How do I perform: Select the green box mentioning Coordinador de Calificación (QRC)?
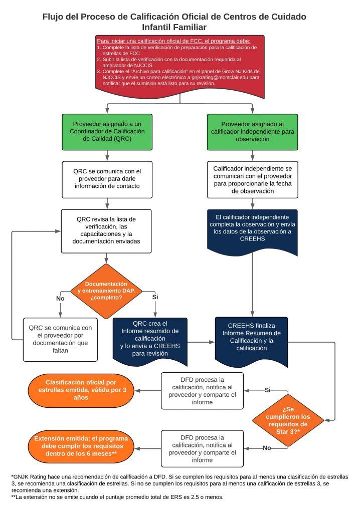(x=106, y=132)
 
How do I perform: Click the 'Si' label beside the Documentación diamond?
(x=155, y=297)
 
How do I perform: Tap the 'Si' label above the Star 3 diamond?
(x=267, y=389)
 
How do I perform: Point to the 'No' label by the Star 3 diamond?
(x=267, y=447)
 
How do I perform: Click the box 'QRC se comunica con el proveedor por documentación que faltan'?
(x=60, y=339)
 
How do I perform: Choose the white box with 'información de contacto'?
(x=106, y=179)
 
